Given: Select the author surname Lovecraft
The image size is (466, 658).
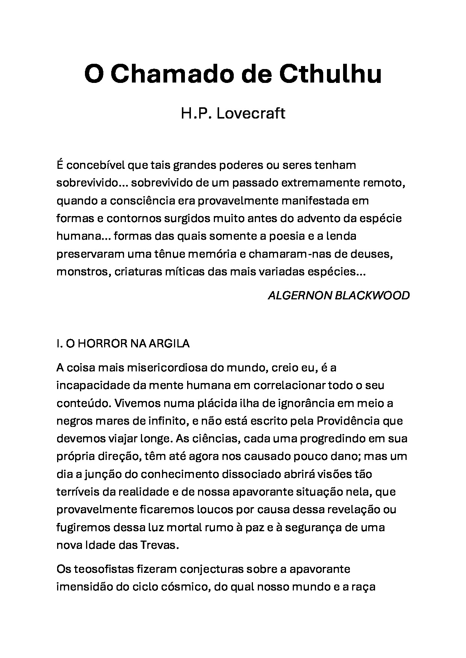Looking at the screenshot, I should click(x=251, y=113).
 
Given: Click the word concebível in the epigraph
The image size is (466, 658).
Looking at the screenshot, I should click(x=96, y=165).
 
